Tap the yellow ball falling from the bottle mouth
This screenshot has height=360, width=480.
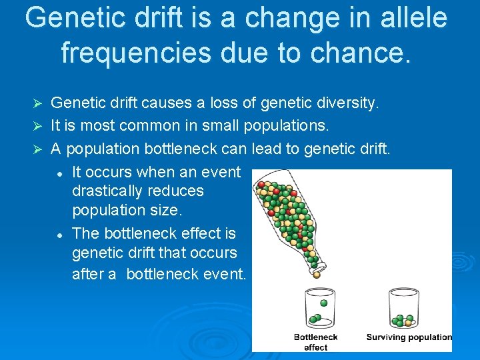point(316,274)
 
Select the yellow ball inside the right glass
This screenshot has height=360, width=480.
point(407,323)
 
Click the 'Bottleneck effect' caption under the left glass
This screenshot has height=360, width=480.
point(315,342)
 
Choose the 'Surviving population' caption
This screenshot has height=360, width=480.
point(409,337)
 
